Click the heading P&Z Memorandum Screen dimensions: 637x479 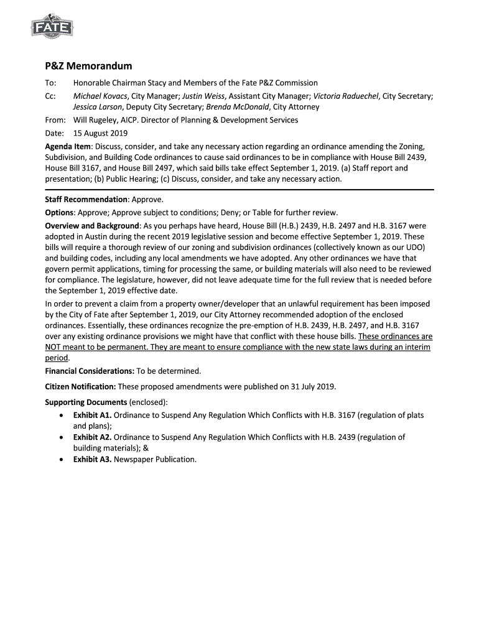(x=88, y=66)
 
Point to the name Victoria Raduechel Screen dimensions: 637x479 (x=346, y=96)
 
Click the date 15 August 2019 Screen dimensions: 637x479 (x=100, y=133)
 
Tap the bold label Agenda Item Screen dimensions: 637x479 (x=68, y=146)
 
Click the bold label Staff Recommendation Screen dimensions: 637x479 (x=86, y=200)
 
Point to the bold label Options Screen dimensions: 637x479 (x=60, y=213)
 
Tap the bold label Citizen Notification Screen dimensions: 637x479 (x=80, y=386)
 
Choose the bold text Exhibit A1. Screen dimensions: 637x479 (x=92, y=415)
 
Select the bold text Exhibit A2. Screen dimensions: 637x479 (x=92, y=437)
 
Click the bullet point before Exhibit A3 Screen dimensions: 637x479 (x=60, y=460)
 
